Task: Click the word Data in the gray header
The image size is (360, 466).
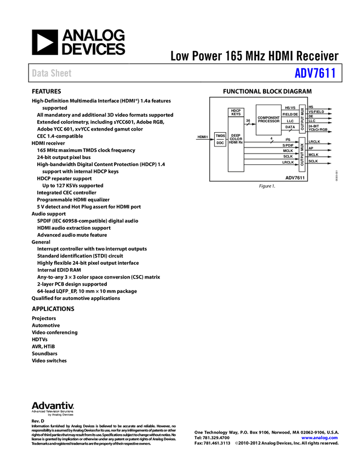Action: coord(39,73)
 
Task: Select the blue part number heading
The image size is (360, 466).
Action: coord(315,73)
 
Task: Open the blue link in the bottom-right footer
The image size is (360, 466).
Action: coord(319,437)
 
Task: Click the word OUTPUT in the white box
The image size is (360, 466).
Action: coord(302,159)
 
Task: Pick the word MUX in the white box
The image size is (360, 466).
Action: coord(302,146)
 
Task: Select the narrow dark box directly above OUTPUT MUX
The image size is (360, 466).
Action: coord(302,117)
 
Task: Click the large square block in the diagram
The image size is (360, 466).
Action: coord(268,119)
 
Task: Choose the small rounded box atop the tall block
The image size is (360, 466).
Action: coord(236,112)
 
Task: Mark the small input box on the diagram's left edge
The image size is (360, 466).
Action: coord(219,140)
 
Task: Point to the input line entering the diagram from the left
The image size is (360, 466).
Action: coord(203,140)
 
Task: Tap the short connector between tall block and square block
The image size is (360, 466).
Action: coord(249,124)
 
